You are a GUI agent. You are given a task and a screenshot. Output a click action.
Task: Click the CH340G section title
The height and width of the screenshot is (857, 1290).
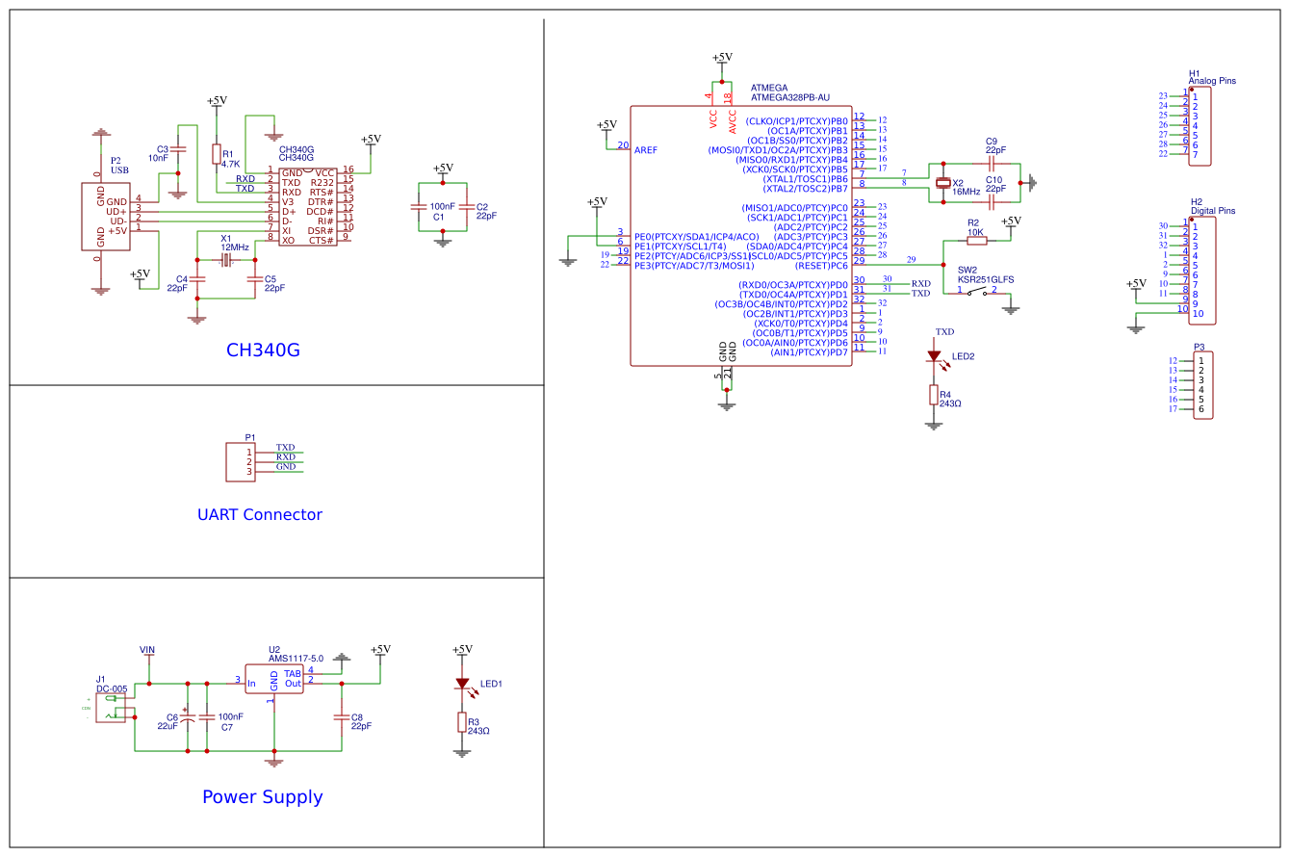(x=263, y=351)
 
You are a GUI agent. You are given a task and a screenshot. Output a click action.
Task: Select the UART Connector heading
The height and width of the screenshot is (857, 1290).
(x=259, y=514)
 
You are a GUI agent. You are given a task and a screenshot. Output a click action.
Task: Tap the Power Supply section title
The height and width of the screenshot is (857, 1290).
(x=262, y=797)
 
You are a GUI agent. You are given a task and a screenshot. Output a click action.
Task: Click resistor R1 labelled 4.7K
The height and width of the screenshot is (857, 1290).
(x=216, y=155)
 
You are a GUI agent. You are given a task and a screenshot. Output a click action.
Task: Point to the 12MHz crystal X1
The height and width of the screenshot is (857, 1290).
(x=226, y=261)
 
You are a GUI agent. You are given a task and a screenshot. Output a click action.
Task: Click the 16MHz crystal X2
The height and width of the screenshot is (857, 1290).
(x=943, y=183)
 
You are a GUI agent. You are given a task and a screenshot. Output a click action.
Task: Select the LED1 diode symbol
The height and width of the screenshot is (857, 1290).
(x=463, y=685)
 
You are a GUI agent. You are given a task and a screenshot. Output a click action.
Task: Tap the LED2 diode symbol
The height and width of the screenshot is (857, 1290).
(x=934, y=356)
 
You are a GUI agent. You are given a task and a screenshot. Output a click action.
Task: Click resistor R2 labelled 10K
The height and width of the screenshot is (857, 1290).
(x=976, y=241)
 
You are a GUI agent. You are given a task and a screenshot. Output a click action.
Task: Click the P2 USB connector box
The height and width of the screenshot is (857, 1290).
(x=105, y=216)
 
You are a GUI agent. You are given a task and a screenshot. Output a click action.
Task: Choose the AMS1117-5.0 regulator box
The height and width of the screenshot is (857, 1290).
(x=274, y=679)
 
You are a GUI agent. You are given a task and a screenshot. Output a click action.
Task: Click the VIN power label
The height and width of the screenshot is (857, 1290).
(x=147, y=651)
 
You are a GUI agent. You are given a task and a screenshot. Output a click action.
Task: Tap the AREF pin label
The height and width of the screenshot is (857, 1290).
(x=645, y=150)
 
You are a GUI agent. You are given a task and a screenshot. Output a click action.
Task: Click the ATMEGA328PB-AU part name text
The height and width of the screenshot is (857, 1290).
(x=789, y=97)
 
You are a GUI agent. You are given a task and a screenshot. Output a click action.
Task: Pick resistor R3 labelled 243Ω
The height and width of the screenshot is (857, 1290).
(x=462, y=723)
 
